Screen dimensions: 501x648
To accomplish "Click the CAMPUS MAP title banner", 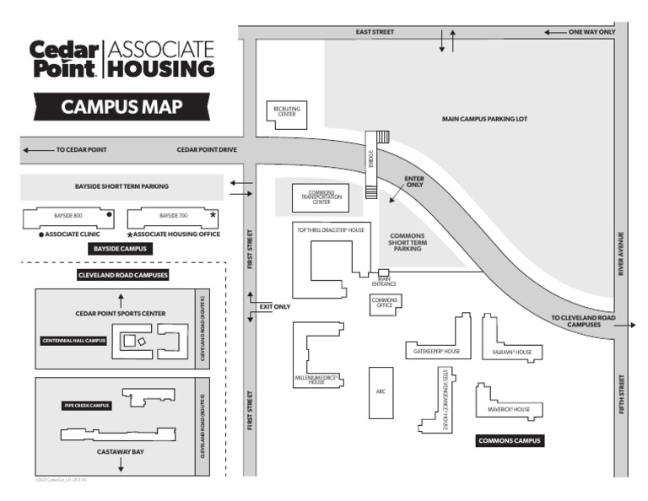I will [122, 107].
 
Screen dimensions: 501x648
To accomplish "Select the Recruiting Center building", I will [287, 114].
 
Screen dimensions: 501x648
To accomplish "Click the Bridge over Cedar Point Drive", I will [372, 164].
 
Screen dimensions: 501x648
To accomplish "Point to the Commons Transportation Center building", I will [321, 198].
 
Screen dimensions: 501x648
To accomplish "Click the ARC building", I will [381, 391].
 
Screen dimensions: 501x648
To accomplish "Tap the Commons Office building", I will [385, 304].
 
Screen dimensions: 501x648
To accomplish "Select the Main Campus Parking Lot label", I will [484, 119].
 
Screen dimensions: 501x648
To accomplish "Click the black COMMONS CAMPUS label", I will [510, 440].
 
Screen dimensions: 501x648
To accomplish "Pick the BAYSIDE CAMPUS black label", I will [121, 249].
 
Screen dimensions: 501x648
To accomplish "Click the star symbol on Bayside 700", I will [213, 215].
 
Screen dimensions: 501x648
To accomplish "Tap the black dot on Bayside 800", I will [109, 215].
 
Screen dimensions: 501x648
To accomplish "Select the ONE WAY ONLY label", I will [592, 32].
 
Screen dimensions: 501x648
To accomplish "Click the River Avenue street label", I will [620, 254].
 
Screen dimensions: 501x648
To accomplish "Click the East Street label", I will [375, 32].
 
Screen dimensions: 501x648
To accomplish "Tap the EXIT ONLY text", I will [274, 306].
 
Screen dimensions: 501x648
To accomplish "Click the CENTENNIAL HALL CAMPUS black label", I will [74, 341].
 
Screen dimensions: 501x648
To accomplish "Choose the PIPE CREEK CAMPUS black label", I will [88, 406].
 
